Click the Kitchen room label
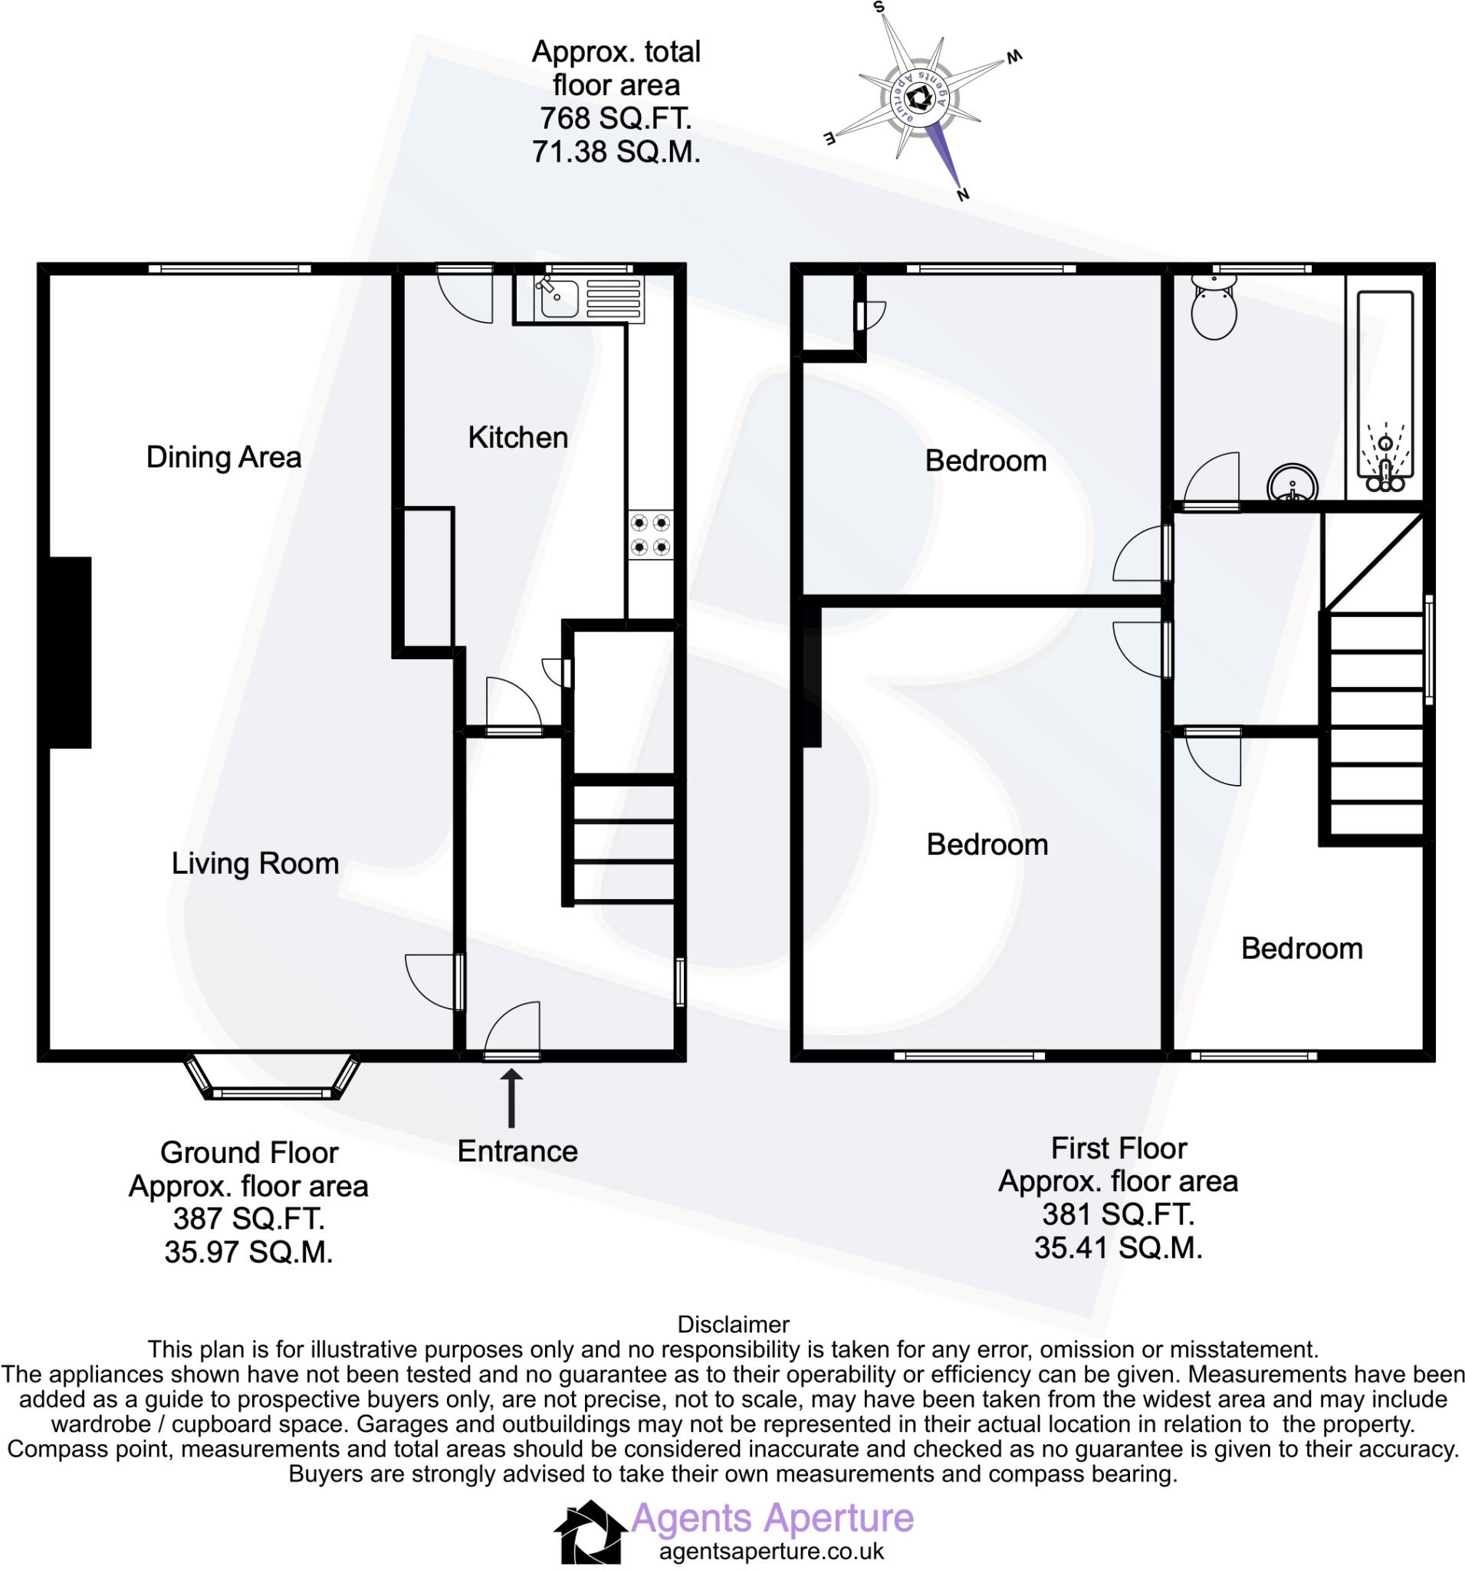click(517, 438)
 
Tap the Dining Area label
click(224, 457)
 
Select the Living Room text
click(255, 863)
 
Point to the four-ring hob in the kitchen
click(651, 534)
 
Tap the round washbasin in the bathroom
click(1293, 483)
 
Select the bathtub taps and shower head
click(1385, 466)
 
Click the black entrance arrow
click(512, 1098)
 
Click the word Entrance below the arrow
click(517, 1151)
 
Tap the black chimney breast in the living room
click(71, 652)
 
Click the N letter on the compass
click(963, 194)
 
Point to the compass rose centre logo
click(918, 100)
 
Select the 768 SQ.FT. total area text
click(616, 119)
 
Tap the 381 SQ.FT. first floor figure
click(1118, 1214)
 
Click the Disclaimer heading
click(733, 1325)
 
